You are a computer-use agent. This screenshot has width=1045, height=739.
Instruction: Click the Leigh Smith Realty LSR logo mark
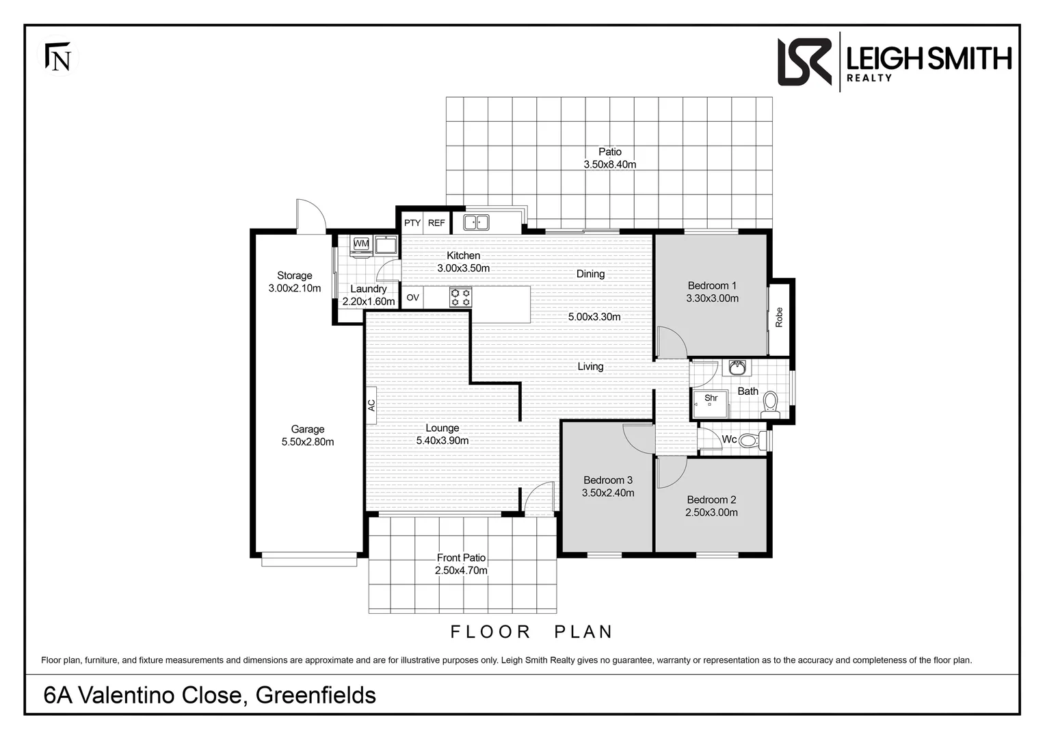804,62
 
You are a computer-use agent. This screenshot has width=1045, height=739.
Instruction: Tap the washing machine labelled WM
361,244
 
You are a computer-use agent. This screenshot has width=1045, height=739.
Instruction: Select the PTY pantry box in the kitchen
412,223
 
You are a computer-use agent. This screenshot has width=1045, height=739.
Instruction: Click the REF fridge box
436,223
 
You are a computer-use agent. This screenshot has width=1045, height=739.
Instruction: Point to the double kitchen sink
476,222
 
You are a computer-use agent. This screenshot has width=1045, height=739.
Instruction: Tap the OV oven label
412,298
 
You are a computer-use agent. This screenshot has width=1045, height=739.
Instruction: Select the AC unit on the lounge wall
371,405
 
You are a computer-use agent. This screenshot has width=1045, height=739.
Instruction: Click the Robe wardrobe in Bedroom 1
779,317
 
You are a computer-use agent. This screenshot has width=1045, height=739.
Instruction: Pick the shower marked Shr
710,404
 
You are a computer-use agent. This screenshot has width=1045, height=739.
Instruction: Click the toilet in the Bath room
771,404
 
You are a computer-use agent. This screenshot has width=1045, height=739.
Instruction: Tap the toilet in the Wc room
750,440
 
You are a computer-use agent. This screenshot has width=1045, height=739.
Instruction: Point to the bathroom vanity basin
737,368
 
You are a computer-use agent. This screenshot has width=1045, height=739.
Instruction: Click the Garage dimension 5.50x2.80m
308,442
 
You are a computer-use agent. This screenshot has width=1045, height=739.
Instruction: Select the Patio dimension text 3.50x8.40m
609,164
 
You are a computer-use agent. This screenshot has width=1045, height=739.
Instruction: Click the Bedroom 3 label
607,480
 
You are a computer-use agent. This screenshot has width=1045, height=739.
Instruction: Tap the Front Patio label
461,558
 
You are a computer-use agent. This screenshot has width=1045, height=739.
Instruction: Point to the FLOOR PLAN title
531,632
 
